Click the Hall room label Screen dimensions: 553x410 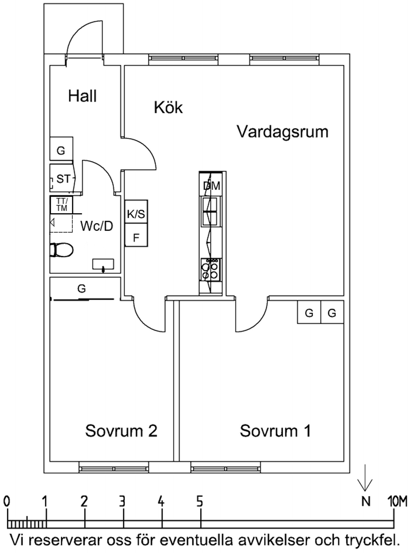point(82,96)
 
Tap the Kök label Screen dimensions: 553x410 point(168,107)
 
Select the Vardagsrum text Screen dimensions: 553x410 point(283,131)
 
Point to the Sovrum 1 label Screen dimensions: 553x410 point(275,430)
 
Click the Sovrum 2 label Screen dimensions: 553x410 point(121,430)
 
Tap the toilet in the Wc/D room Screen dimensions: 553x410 point(61,250)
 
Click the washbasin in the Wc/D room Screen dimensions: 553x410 point(104,264)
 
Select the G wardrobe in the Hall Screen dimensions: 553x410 point(61,150)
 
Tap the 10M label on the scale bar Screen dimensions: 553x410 point(397,502)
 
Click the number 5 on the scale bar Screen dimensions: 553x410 point(199,502)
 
